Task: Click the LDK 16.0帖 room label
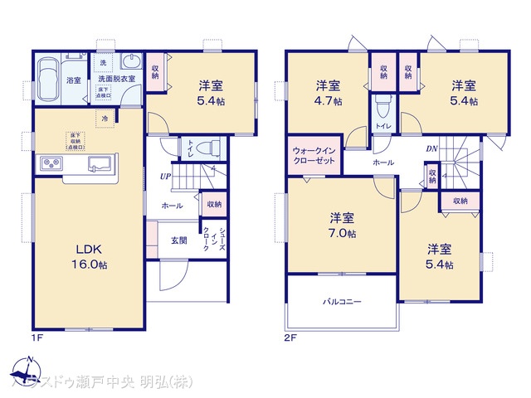click(91, 256)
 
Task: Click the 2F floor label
click(288, 338)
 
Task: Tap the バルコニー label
click(342, 302)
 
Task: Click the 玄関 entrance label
click(179, 240)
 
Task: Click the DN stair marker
click(431, 149)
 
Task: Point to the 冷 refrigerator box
click(105, 119)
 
